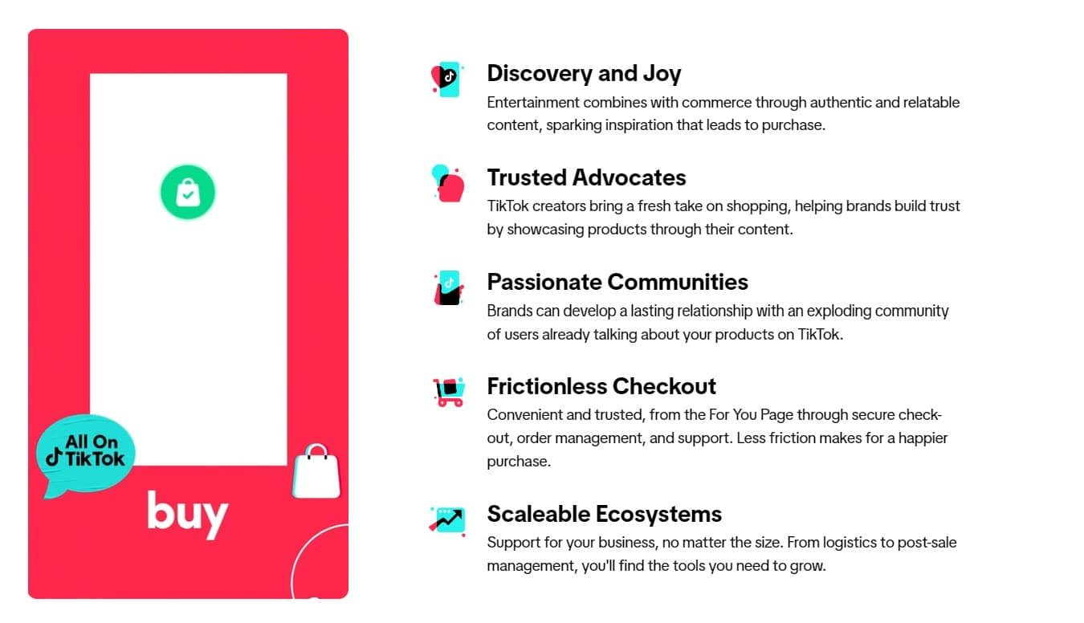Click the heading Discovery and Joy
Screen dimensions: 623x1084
click(584, 74)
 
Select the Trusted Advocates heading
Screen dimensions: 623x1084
click(586, 177)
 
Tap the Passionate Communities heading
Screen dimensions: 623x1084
click(617, 282)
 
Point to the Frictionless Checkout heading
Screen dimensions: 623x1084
click(601, 386)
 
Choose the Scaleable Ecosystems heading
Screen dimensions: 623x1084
click(604, 514)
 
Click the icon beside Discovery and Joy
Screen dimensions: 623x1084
click(446, 79)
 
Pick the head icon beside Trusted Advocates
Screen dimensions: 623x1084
click(448, 183)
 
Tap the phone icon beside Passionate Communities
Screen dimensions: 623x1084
click(449, 287)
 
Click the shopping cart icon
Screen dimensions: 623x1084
click(448, 392)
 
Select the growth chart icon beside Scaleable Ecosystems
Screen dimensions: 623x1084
click(447, 519)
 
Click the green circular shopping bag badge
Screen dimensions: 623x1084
click(188, 193)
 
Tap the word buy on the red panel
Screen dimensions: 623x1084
click(187, 514)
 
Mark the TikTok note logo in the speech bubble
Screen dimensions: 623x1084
click(54, 458)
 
